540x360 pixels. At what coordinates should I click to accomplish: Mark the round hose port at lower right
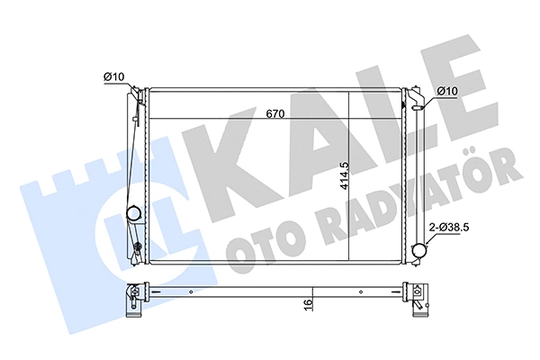[418, 251]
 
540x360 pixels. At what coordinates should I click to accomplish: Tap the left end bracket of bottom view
[136, 296]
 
